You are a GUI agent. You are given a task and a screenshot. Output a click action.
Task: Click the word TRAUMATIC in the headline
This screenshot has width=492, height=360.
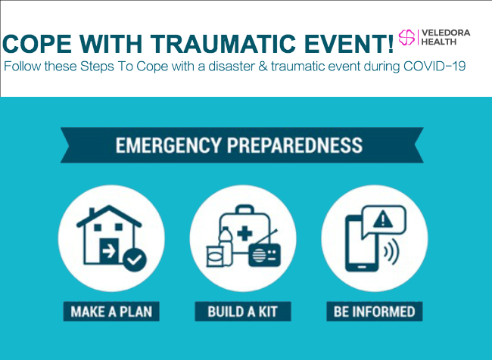pos(223,43)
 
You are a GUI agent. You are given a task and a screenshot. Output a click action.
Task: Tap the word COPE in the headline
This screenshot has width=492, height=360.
pos(37,43)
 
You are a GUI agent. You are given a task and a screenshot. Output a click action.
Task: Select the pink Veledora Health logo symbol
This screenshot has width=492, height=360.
pos(406,37)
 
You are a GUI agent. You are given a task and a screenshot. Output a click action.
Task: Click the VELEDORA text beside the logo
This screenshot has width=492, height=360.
pos(446,33)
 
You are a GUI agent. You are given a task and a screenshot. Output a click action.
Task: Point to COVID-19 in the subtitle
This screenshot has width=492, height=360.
pos(434,67)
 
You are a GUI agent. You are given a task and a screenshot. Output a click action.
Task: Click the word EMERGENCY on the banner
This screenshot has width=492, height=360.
pos(168,145)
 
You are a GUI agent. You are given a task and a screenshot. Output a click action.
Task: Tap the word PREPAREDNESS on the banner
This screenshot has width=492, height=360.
pos(295,145)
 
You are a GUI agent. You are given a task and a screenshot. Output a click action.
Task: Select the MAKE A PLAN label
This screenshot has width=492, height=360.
pos(111,312)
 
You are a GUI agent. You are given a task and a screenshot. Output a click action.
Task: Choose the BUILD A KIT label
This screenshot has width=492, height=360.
pos(243,312)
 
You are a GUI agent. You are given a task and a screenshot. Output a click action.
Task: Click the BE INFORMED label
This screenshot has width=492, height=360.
pos(375,312)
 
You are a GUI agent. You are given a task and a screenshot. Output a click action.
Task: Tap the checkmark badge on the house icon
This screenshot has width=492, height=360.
pos(135,259)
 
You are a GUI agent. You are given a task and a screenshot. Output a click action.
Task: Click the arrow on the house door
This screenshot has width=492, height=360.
pos(109,251)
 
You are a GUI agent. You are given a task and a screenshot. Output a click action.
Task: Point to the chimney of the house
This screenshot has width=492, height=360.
pos(92,213)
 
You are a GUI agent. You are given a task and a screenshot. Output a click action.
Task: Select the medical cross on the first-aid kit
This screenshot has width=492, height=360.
pos(244,234)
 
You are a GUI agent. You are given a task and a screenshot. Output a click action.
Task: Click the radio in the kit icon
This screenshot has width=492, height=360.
pos(264,253)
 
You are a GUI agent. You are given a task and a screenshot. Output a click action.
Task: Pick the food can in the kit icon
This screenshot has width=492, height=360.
pos(215,256)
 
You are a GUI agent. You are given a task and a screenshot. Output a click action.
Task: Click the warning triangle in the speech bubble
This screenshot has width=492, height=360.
pos(382,219)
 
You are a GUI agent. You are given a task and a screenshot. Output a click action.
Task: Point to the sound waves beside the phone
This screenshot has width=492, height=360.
pos(391,252)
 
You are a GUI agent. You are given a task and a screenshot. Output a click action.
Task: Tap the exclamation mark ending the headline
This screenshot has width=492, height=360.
pos(391,43)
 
